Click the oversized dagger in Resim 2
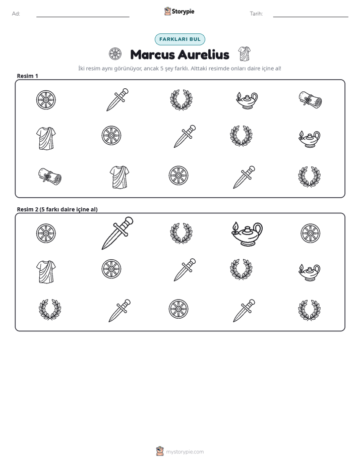(117, 233)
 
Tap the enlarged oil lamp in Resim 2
(247, 234)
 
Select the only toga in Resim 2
(46, 272)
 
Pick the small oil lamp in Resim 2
(309, 272)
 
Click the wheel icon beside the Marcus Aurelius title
(115, 54)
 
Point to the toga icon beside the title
(245, 54)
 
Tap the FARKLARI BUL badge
(180, 39)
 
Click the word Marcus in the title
(152, 54)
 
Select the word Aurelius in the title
(204, 54)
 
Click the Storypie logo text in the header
(183, 12)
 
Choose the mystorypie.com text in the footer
(185, 452)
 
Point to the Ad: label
(16, 14)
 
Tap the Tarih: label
(256, 14)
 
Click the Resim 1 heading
(27, 76)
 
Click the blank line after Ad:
(83, 17)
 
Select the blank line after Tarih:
(311, 17)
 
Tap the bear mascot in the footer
(160, 451)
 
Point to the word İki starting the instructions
(81, 69)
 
